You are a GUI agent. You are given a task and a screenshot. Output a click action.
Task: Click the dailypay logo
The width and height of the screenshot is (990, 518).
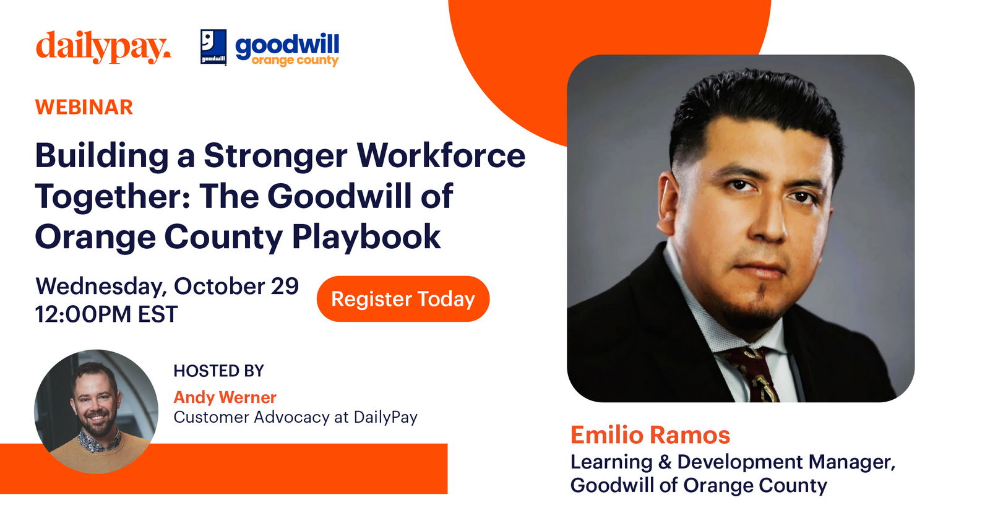[103, 47]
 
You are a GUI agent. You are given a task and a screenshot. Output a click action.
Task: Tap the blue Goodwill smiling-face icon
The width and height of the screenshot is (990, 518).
[213, 46]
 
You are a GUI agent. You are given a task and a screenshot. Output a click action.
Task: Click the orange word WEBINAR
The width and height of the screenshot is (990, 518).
[84, 107]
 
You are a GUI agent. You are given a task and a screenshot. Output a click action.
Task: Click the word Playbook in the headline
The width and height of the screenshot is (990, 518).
[366, 236]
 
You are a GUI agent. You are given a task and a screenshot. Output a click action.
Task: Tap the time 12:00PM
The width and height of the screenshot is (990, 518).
[83, 314]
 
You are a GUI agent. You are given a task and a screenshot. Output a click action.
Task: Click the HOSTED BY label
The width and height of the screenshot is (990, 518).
[218, 371]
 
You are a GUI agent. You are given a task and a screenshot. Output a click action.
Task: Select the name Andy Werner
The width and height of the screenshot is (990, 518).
[225, 397]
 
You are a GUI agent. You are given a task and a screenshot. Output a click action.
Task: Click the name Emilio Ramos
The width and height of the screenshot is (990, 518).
[650, 435]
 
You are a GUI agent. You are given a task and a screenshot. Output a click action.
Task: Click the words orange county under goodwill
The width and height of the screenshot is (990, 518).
[295, 61]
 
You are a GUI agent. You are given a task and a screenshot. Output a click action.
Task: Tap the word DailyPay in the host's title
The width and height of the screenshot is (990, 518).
[385, 417]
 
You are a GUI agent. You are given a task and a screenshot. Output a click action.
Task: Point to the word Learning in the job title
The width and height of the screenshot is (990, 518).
[611, 462]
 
